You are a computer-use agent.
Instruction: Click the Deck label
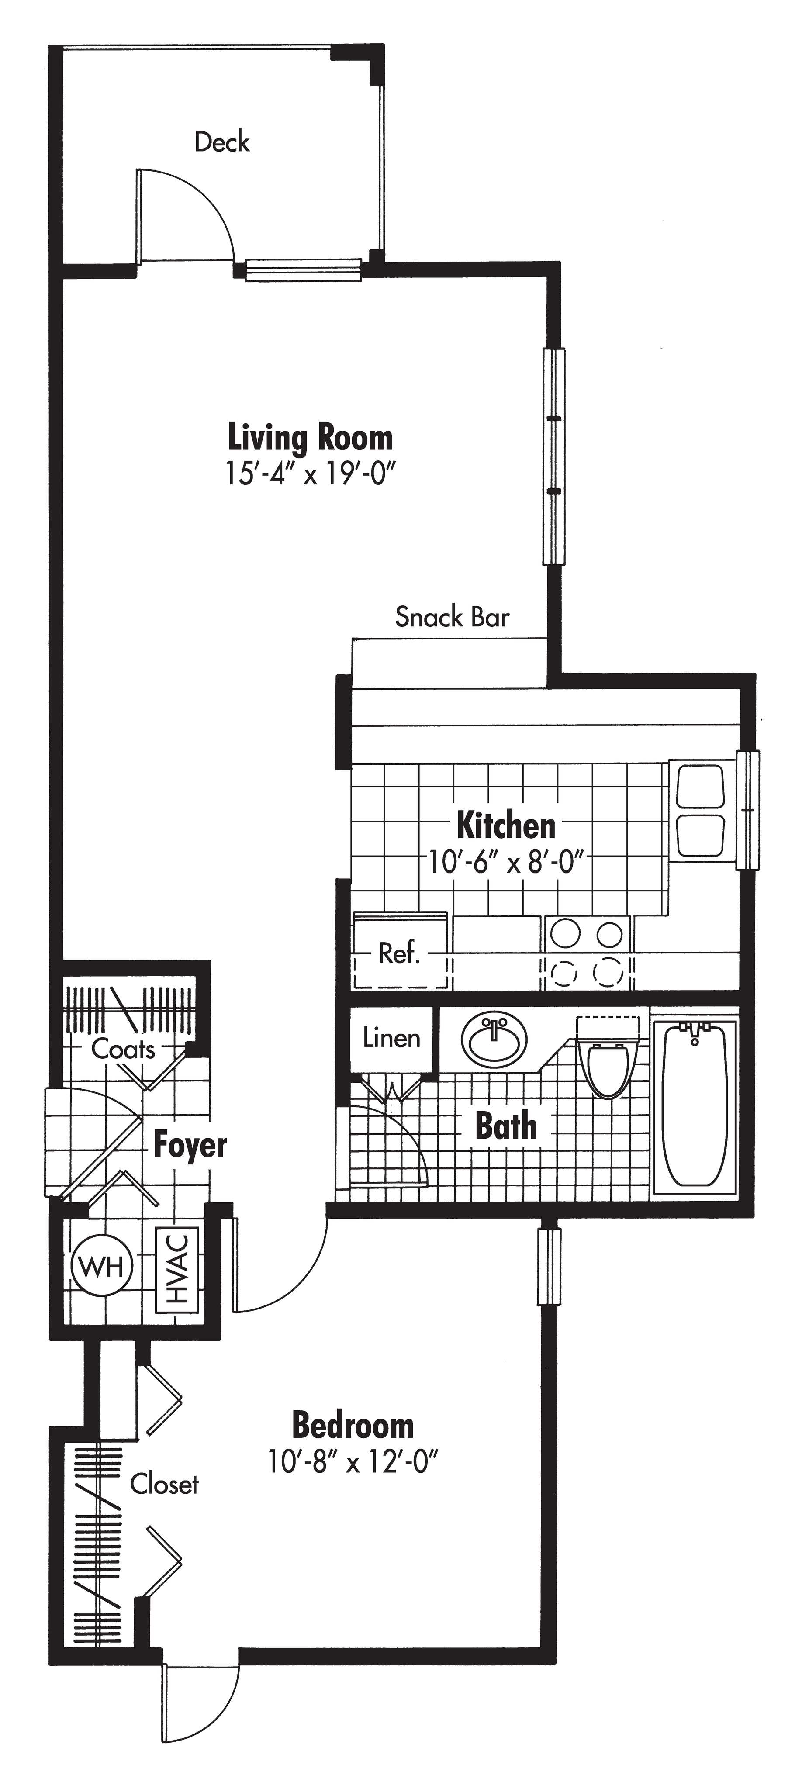click(222, 142)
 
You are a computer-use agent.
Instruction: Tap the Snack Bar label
click(452, 617)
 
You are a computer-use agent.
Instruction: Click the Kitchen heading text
click(506, 826)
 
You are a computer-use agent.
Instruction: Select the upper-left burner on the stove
click(565, 933)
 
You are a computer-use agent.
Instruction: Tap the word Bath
click(505, 1125)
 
